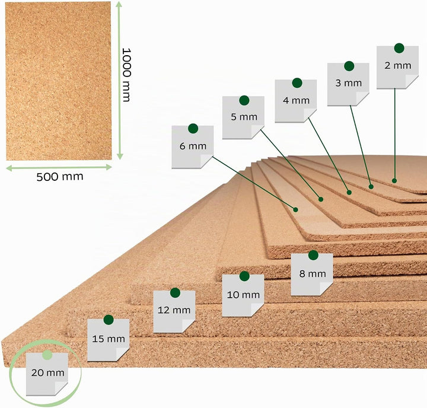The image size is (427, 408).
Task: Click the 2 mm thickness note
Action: tap(397, 67)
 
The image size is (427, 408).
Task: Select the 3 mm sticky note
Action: tap(348, 84)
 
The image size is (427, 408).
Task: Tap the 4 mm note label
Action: tap(296, 101)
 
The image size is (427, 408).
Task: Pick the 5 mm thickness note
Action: tap(243, 117)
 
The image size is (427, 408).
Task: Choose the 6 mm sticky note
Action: tap(193, 147)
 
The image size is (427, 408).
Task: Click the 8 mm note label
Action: tap(312, 275)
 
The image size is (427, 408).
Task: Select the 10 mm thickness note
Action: tap(243, 295)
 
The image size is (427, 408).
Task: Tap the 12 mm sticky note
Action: tap(174, 311)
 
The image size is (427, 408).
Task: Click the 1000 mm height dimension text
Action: tap(126, 75)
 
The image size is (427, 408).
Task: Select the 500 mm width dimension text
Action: tap(60, 177)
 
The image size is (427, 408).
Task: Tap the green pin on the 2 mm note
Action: tap(399, 48)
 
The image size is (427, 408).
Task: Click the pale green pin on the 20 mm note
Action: tap(47, 355)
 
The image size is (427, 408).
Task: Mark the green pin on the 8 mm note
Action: tap(313, 255)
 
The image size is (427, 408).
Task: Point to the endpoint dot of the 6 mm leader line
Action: tap(295, 209)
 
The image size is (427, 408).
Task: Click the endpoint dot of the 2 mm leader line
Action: tap(394, 181)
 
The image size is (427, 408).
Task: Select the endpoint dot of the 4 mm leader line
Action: tap(349, 193)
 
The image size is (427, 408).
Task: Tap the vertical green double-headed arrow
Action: tap(120, 80)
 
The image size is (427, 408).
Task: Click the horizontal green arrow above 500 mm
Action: tap(59, 167)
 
